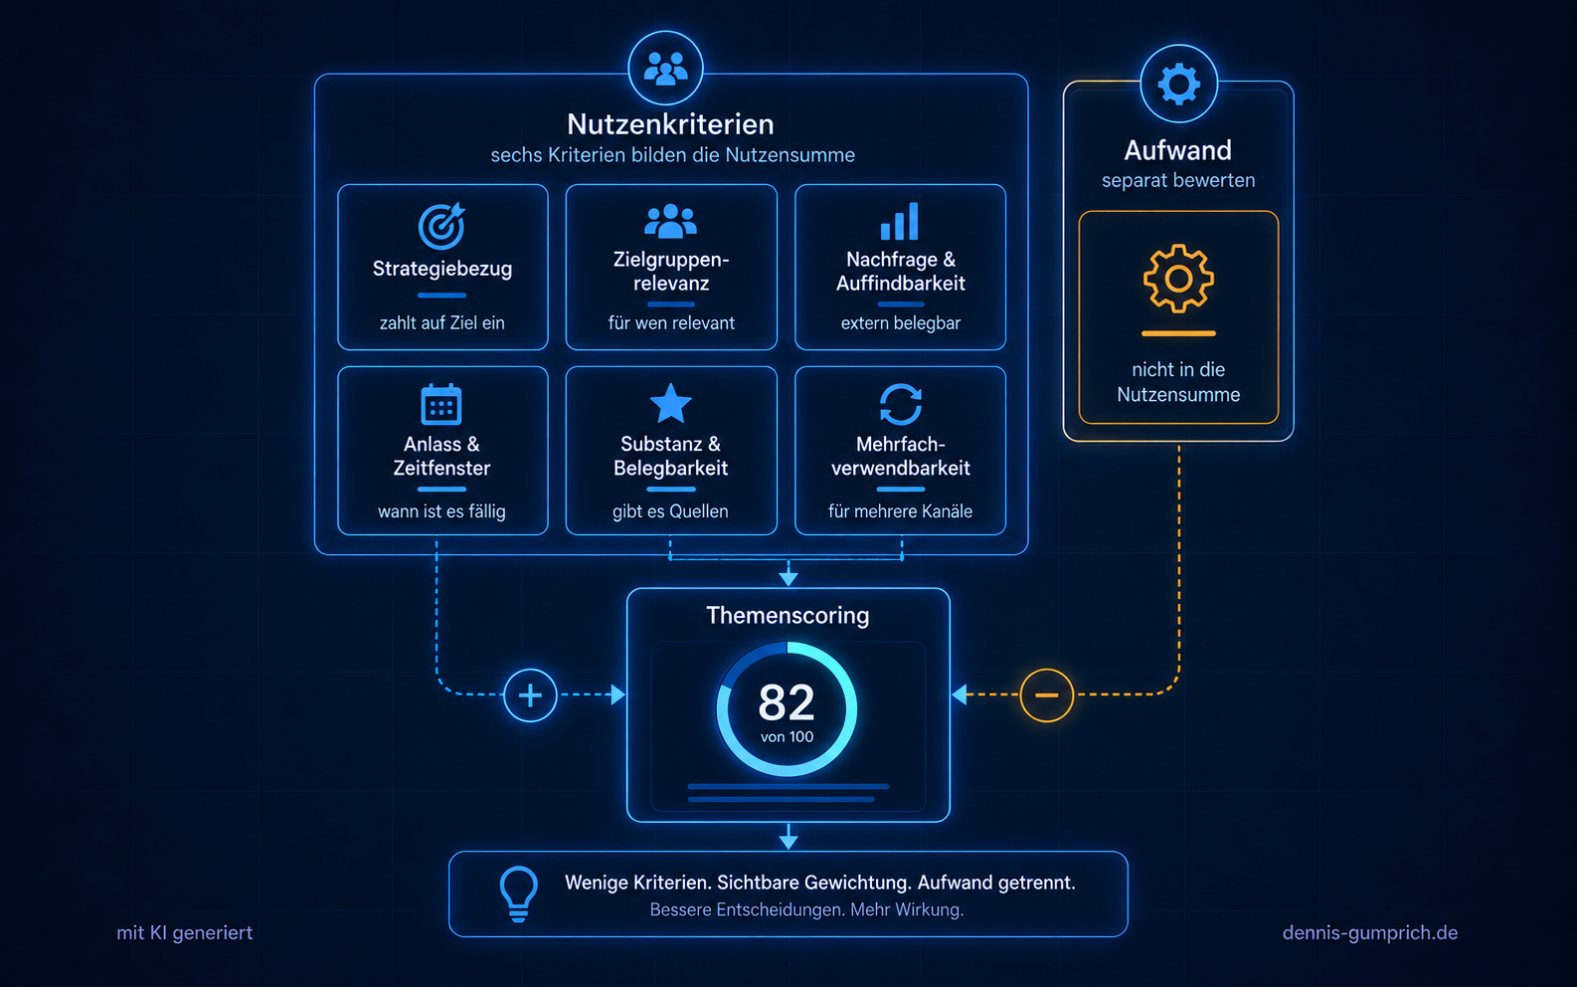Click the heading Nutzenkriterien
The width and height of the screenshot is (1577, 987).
[x=670, y=124]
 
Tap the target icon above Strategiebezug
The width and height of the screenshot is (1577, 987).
[x=441, y=226]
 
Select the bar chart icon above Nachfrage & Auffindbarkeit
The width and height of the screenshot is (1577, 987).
[x=899, y=221]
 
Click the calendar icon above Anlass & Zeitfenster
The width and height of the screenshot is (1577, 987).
[x=441, y=404]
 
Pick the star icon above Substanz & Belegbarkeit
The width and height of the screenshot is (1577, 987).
[x=670, y=403]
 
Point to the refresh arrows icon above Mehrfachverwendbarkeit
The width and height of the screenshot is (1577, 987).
[x=901, y=404]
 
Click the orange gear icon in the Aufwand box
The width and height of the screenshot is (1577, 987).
[x=1178, y=279]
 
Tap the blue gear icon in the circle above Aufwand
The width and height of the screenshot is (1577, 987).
[x=1178, y=84]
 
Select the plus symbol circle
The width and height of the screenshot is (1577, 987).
[x=530, y=695]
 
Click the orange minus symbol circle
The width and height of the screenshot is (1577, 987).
[x=1047, y=695]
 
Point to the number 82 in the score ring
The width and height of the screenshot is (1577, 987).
[x=787, y=702]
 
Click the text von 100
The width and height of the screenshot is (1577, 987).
[x=788, y=737]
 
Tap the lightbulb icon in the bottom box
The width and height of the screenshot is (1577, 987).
[x=519, y=893]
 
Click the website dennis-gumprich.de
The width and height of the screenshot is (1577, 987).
[x=1370, y=932]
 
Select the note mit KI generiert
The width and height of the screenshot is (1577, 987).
[x=185, y=932]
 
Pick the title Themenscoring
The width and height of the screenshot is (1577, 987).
[x=788, y=615]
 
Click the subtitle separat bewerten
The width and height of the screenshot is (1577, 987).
[x=1178, y=180]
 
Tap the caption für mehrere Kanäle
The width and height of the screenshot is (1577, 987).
[x=901, y=511]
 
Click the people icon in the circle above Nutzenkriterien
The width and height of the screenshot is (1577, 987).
[x=665, y=69]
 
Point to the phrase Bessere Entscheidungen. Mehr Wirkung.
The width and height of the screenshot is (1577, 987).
[x=806, y=909]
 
